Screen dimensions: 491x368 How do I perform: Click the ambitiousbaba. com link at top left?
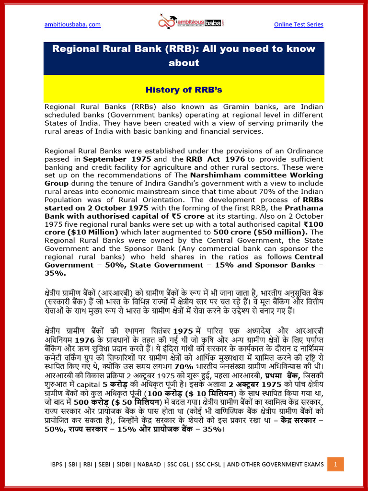[72, 24]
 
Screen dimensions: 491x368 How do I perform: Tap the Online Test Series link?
[299, 24]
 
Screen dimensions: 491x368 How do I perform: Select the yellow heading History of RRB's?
[184, 90]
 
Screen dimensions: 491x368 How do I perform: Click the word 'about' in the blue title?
[184, 63]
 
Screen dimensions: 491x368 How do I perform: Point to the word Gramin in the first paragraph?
[245, 106]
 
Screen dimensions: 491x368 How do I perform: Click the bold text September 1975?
[117, 159]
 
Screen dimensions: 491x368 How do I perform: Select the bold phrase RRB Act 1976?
[209, 159]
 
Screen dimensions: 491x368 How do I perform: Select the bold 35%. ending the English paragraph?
[56, 273]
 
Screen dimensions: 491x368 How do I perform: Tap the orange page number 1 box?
[336, 464]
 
